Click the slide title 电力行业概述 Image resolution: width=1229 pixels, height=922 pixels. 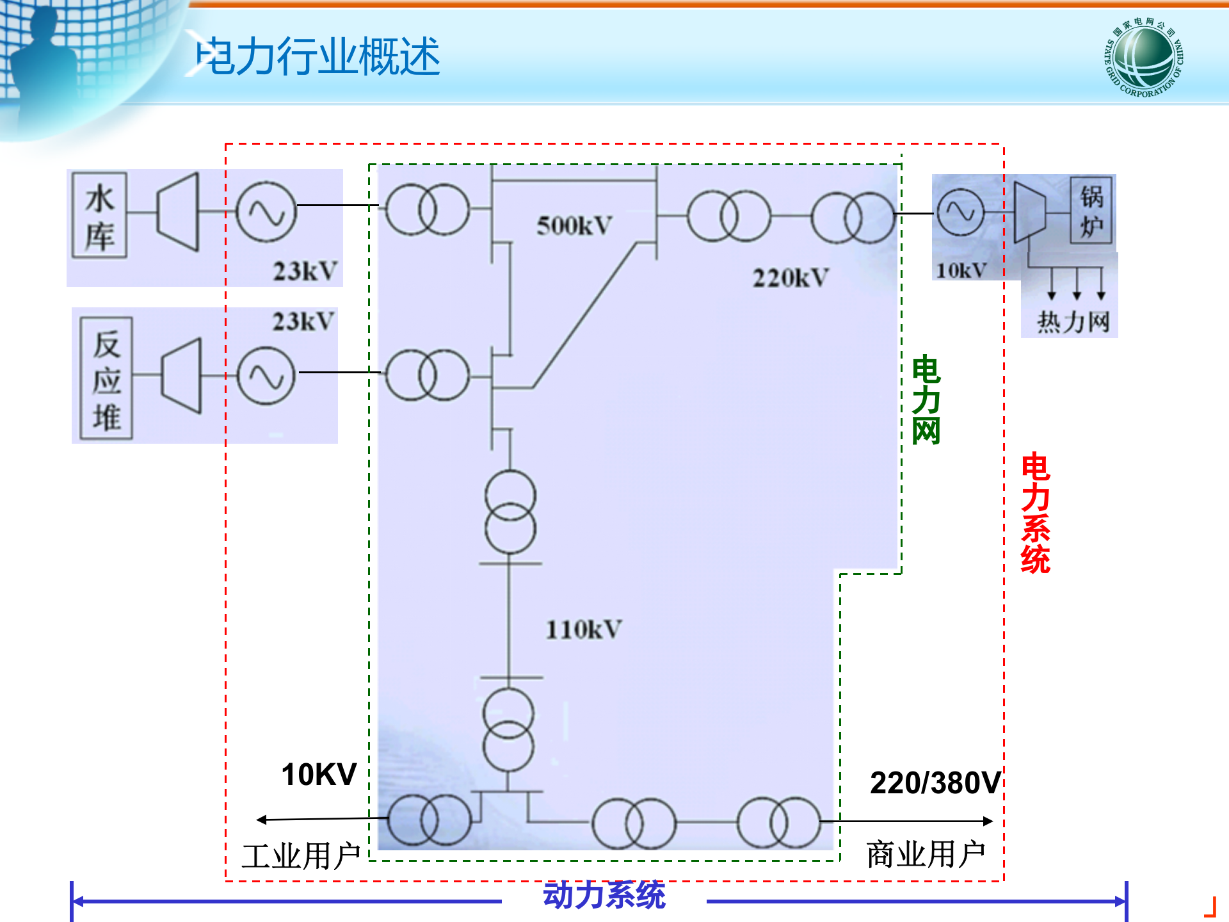coord(318,56)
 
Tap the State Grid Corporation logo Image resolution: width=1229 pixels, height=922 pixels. coord(1145,57)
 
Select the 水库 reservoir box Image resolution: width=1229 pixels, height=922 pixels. coord(99,215)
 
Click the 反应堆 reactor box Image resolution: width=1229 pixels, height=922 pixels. coord(106,378)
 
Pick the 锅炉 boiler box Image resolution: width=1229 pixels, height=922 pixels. coord(1091,211)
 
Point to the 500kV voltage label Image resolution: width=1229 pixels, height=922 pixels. coord(574,225)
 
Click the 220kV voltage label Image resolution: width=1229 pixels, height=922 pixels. coord(791,278)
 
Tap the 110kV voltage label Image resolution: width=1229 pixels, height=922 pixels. coord(583,629)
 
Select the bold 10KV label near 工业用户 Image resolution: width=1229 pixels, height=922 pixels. coord(319,775)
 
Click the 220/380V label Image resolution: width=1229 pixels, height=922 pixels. coord(935,782)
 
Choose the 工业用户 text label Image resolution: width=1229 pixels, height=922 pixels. coord(301,856)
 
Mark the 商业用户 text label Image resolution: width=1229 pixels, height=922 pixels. coord(926,854)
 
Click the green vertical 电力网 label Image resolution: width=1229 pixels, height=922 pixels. coord(926,400)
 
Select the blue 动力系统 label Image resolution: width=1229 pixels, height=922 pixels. coord(604,895)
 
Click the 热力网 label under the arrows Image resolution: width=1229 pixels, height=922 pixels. coord(1073,321)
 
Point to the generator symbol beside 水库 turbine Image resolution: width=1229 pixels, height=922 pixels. coord(266,212)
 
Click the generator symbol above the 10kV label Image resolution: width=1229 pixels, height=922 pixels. coord(960,212)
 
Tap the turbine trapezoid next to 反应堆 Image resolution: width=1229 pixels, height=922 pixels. coord(182,375)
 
